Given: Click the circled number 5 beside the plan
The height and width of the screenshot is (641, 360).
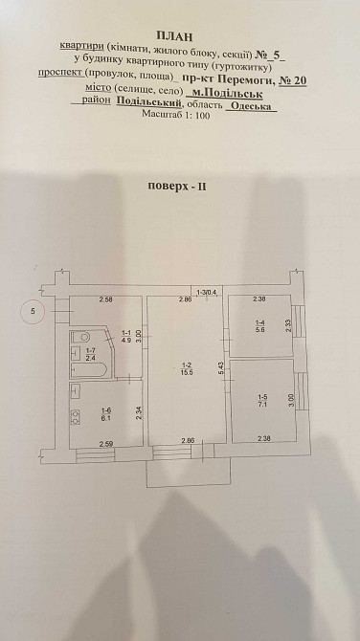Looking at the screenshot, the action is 33,310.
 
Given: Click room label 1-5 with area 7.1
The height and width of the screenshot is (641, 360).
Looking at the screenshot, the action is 260,400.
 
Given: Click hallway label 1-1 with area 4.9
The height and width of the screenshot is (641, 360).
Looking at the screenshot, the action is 125,336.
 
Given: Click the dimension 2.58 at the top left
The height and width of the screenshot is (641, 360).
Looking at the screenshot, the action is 106,301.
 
